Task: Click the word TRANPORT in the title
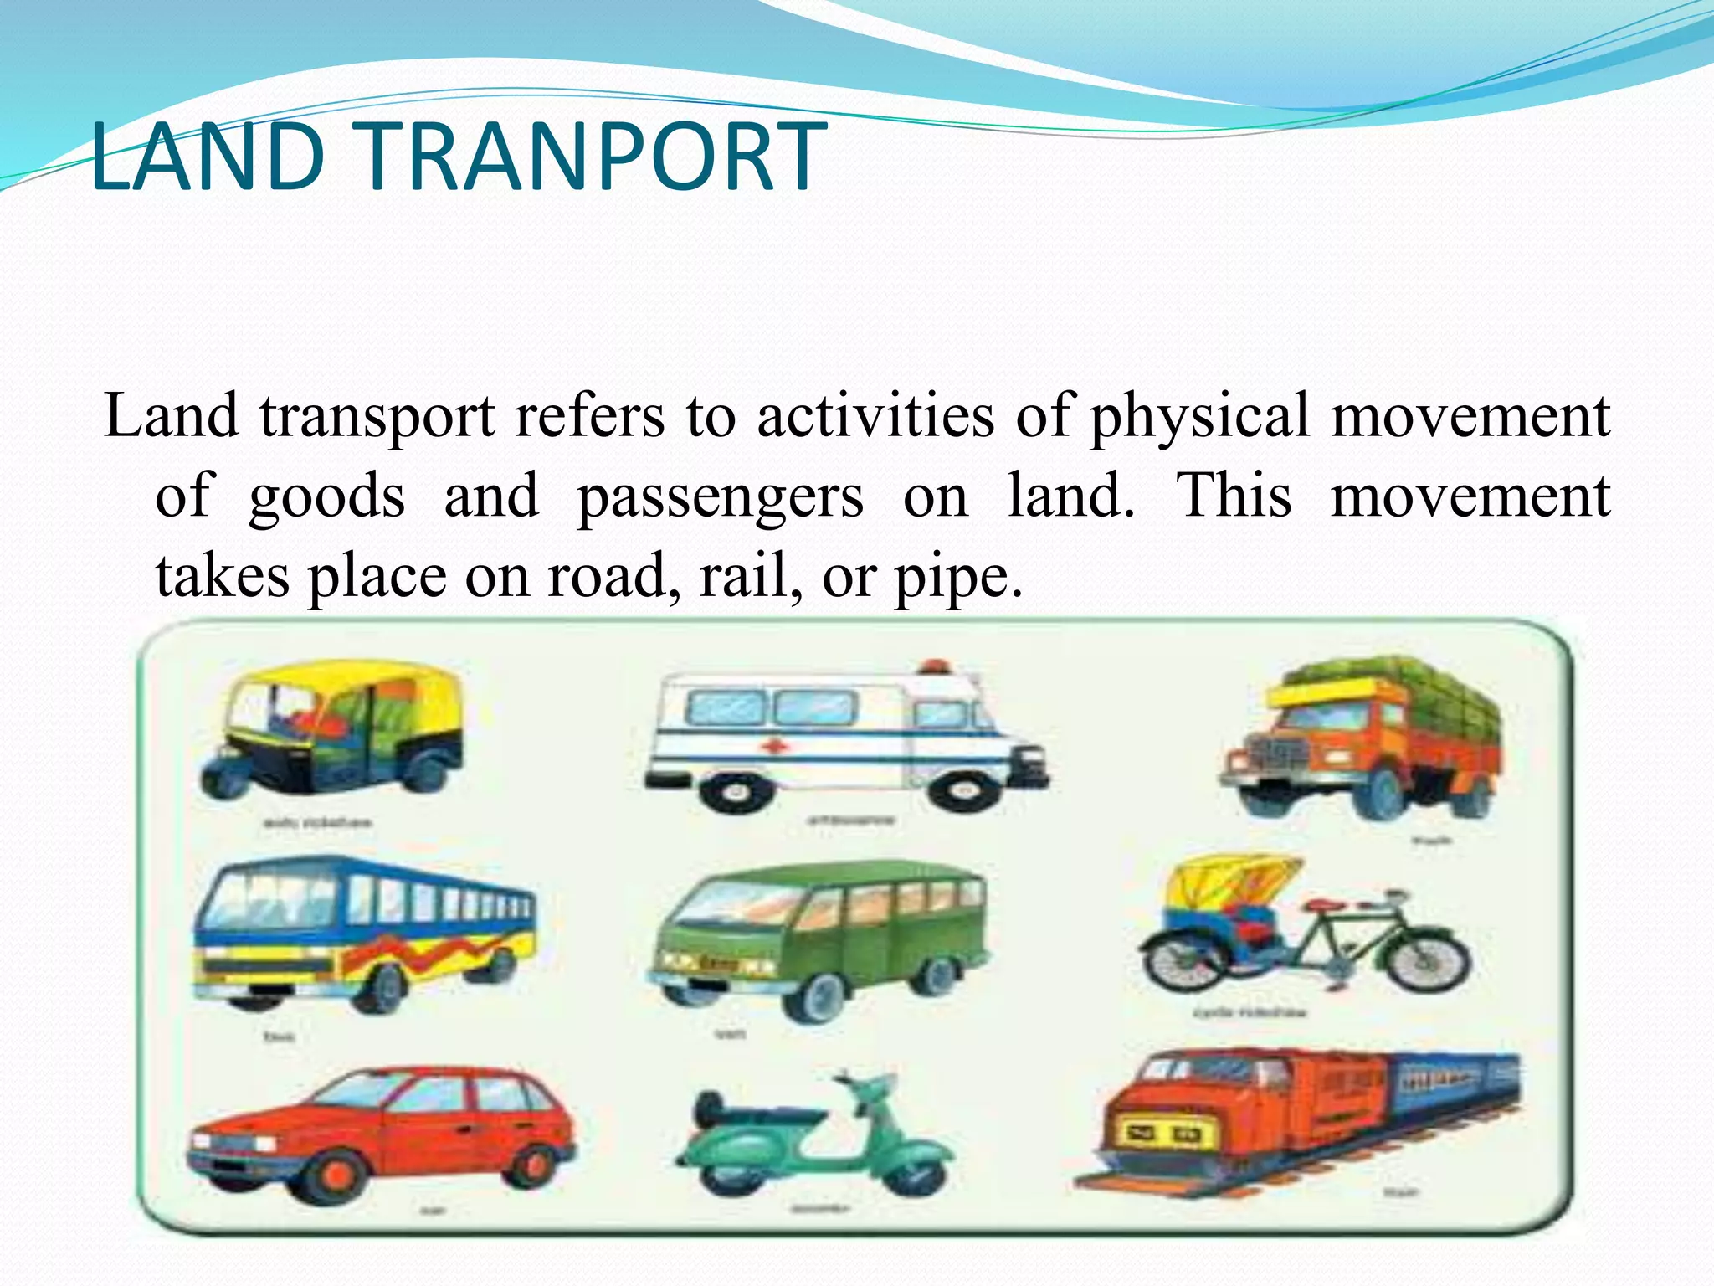(594, 157)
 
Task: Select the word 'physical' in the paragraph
(1198, 416)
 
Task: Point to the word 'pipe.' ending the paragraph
(959, 578)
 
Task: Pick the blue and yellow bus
(364, 929)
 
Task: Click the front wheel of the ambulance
(960, 791)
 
